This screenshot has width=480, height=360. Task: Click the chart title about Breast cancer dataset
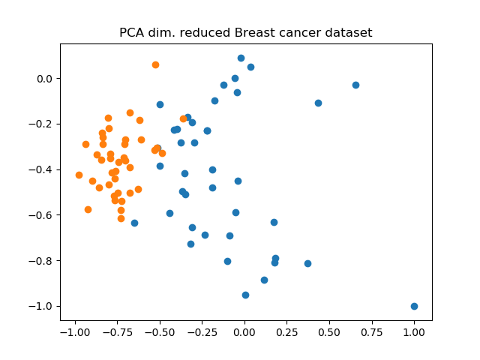pos(246,33)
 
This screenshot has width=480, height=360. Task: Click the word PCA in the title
pos(132,33)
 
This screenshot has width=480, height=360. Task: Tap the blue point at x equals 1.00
pos(414,306)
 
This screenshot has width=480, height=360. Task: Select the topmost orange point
pos(155,64)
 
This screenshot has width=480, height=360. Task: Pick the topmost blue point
pos(241,58)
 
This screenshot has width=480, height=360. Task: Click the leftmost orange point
pos(79,175)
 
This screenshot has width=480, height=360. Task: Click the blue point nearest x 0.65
pos(355,85)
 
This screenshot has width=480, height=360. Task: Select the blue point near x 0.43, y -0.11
pos(318,103)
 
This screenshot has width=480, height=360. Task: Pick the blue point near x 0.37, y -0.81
pos(307,263)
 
